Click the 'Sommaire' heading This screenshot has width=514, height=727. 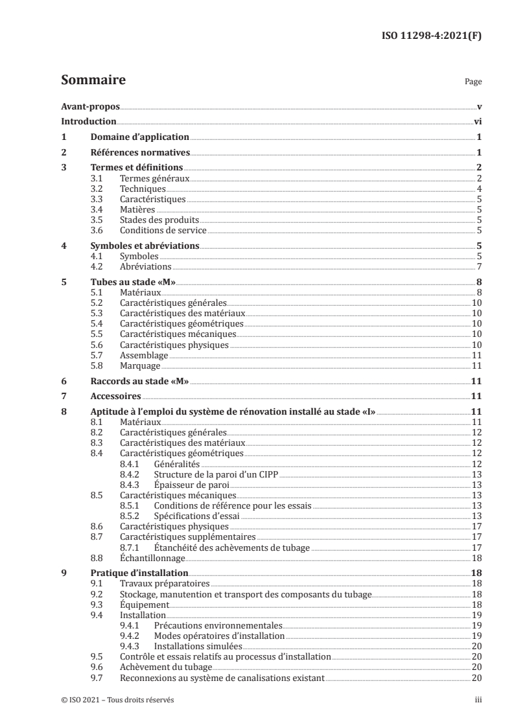pyautogui.click(x=93, y=81)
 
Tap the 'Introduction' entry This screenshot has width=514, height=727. pyautogui.click(x=88, y=121)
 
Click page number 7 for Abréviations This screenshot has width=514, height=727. pyautogui.click(x=478, y=267)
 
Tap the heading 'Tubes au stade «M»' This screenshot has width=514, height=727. pyautogui.click(x=132, y=283)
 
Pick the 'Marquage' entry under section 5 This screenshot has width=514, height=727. pyautogui.click(x=138, y=366)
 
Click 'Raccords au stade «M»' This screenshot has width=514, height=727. pyautogui.click(x=139, y=382)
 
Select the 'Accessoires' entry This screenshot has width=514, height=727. pyautogui.click(x=115, y=397)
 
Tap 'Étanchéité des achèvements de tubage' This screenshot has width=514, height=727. pyautogui.click(x=232, y=547)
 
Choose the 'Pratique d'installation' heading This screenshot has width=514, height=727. pyautogui.click(x=139, y=573)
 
